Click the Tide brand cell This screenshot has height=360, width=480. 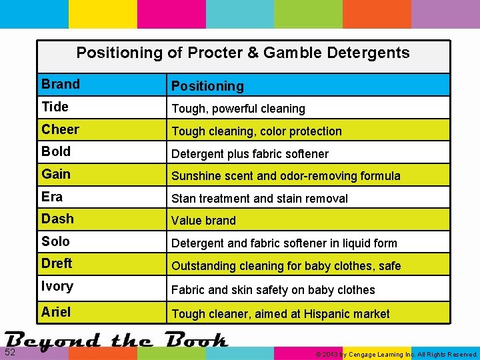(x=55, y=107)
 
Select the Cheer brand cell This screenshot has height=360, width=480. (x=60, y=129)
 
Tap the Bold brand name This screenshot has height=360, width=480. (x=56, y=151)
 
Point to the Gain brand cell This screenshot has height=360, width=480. (x=56, y=174)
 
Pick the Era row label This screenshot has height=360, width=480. (x=52, y=197)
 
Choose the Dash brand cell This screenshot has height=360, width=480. (x=57, y=219)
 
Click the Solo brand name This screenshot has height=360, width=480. (x=55, y=241)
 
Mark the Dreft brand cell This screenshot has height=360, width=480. (x=57, y=263)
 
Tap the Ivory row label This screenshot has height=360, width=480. (x=57, y=287)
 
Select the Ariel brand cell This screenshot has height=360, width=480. (x=56, y=311)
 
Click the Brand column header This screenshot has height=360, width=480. (x=61, y=84)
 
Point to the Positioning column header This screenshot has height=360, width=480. (x=207, y=86)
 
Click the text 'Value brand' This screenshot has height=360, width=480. (x=203, y=221)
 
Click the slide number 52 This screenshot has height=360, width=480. (x=11, y=352)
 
